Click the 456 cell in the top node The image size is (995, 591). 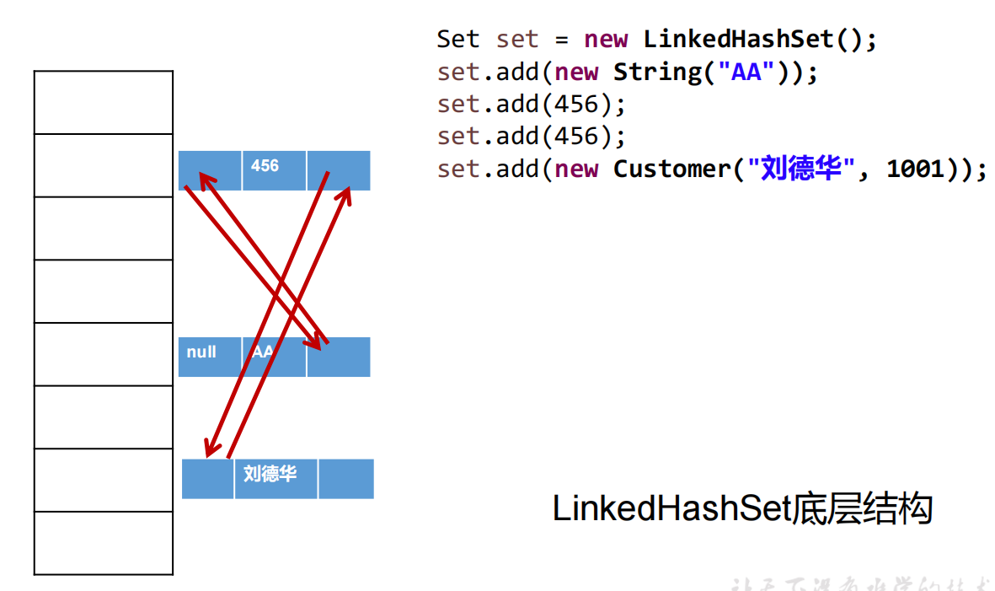(274, 169)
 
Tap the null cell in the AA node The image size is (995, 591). (210, 356)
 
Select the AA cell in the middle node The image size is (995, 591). (274, 356)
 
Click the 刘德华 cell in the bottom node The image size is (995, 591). (275, 478)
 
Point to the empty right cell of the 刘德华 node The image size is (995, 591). (345, 478)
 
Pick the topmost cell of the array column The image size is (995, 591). (104, 102)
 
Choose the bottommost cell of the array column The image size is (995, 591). (104, 543)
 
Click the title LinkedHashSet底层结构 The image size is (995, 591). (742, 509)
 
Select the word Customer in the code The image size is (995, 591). (671, 169)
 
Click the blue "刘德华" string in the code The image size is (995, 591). (801, 169)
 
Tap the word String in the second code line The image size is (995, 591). (657, 72)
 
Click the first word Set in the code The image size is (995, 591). (457, 39)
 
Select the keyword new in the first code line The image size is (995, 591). (606, 39)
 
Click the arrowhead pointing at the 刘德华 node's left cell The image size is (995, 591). (210, 450)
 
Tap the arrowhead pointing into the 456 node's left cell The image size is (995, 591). (204, 178)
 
